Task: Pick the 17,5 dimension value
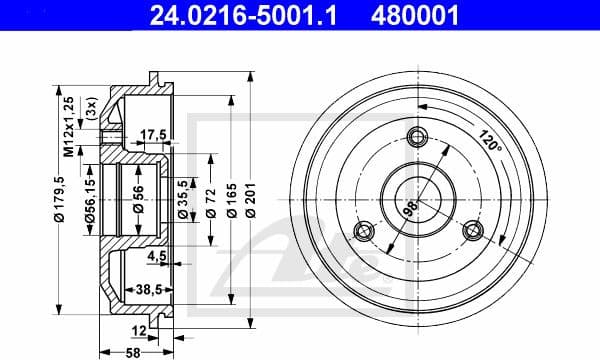click(x=153, y=134)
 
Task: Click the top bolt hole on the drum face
click(x=417, y=139)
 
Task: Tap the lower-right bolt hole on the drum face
click(x=469, y=230)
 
